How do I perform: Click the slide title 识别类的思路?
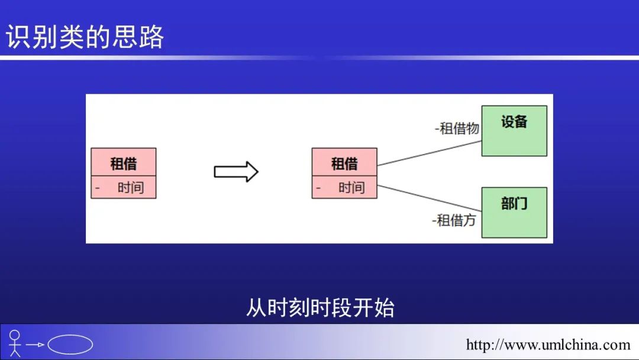pyautogui.click(x=85, y=37)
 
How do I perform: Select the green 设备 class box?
pyautogui.click(x=514, y=131)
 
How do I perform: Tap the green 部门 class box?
pyautogui.click(x=514, y=213)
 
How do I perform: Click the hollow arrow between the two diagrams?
pyautogui.click(x=236, y=172)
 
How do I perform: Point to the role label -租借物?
pyautogui.click(x=457, y=128)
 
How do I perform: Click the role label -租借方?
pyautogui.click(x=454, y=220)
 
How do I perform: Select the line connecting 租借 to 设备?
pyautogui.click(x=430, y=153)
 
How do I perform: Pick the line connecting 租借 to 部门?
pyautogui.click(x=430, y=198)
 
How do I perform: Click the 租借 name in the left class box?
pyautogui.click(x=124, y=163)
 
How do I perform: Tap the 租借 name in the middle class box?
pyautogui.click(x=344, y=163)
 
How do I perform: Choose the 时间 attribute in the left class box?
pyautogui.click(x=131, y=188)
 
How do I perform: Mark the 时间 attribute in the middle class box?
pyautogui.click(x=351, y=188)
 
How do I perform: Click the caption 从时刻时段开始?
pyautogui.click(x=320, y=307)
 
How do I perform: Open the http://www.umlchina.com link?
pyautogui.click(x=548, y=345)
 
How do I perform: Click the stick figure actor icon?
pyautogui.click(x=15, y=343)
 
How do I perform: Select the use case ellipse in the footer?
pyautogui.click(x=70, y=345)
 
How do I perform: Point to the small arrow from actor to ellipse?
pyautogui.click(x=35, y=345)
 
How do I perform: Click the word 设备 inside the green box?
pyautogui.click(x=514, y=121)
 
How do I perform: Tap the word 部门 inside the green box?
pyautogui.click(x=514, y=203)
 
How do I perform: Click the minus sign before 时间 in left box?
pyautogui.click(x=98, y=188)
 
